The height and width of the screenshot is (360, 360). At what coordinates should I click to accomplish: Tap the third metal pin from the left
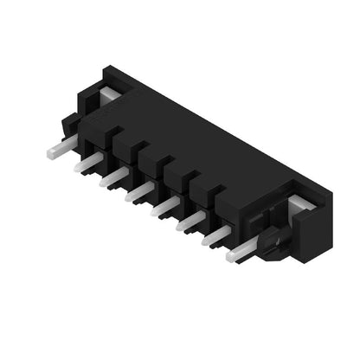tap(113, 178)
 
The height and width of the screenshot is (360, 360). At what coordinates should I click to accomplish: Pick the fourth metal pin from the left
tap(138, 194)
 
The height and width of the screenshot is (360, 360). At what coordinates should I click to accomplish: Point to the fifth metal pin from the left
tap(164, 209)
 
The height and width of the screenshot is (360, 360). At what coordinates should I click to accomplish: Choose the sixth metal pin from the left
tap(190, 224)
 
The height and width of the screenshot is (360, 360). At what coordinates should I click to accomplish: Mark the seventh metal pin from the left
tap(216, 237)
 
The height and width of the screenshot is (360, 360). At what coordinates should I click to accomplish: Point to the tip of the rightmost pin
tap(231, 256)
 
